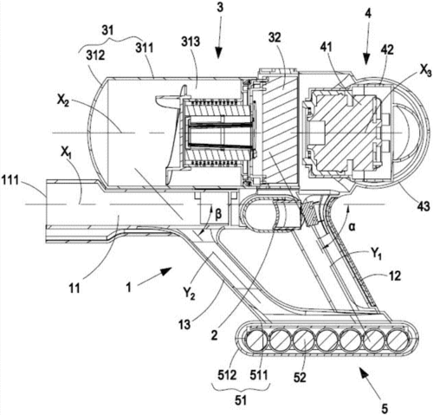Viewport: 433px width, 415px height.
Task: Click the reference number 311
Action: [x=145, y=48]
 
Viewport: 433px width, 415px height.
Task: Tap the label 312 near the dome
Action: [x=95, y=55]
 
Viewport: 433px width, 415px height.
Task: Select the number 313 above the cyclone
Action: [x=191, y=42]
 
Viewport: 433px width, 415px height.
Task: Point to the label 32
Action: [x=275, y=37]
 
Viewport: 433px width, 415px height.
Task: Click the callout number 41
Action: [x=326, y=48]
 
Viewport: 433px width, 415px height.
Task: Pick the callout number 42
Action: [x=387, y=49]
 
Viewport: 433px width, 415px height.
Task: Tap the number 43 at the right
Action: [x=423, y=206]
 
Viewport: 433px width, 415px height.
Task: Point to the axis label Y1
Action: [x=376, y=254]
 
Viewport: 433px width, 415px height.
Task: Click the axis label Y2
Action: [x=189, y=295]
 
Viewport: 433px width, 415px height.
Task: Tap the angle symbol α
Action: [x=352, y=227]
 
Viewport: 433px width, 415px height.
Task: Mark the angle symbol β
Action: [x=218, y=215]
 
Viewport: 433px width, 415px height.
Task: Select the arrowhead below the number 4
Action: [x=366, y=60]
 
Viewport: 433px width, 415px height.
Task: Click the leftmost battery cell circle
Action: [x=256, y=340]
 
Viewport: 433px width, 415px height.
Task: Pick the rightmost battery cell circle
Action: [x=398, y=340]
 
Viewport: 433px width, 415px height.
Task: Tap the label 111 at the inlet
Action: [x=10, y=181]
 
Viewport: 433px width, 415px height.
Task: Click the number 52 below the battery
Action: [x=301, y=378]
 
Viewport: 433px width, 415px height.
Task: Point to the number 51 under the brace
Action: [x=240, y=401]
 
